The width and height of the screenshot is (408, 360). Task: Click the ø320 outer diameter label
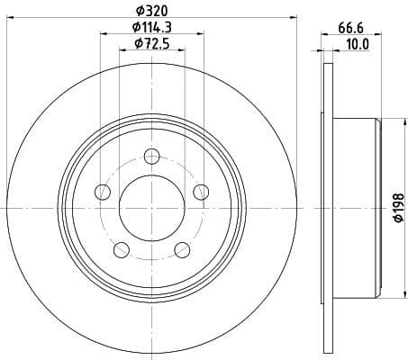point(151,11)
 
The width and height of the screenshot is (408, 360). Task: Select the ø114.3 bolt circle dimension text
point(152,28)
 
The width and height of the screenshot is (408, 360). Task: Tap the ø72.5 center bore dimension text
point(152,44)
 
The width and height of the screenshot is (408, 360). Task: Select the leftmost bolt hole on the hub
point(103,191)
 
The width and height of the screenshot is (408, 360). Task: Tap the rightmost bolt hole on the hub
point(200,190)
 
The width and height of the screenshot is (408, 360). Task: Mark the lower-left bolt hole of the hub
point(121,249)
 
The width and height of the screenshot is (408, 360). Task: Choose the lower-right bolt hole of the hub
point(182,249)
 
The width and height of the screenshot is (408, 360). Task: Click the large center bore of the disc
point(151,207)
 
